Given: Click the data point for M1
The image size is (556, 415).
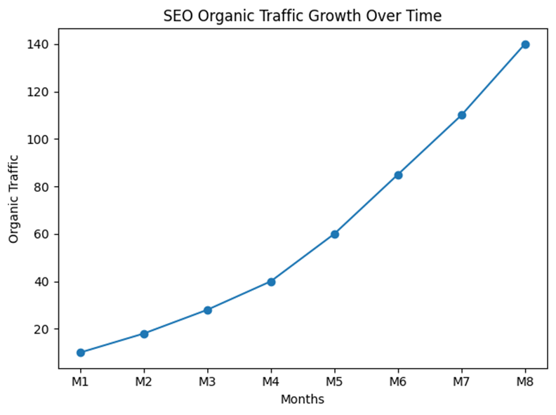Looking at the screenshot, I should pyautogui.click(x=81, y=353).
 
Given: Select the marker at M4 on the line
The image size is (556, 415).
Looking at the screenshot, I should pyautogui.click(x=271, y=282).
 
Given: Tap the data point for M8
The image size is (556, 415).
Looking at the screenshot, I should pyautogui.click(x=525, y=44).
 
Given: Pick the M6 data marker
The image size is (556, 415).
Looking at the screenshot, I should pyautogui.click(x=398, y=175).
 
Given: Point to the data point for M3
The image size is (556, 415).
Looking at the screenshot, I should pyautogui.click(x=208, y=310).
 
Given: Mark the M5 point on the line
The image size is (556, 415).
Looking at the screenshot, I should pyautogui.click(x=335, y=234).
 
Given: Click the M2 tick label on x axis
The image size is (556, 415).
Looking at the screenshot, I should pyautogui.click(x=144, y=383).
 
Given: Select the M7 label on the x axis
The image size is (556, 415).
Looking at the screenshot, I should pyautogui.click(x=462, y=383).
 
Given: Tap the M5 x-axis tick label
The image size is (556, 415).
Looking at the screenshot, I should pyautogui.click(x=335, y=383).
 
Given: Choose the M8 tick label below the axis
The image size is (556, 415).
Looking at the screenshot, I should pyautogui.click(x=525, y=383).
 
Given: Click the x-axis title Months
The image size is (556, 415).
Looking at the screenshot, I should pyautogui.click(x=303, y=400).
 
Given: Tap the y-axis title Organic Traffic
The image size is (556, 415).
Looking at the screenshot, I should pyautogui.click(x=14, y=199).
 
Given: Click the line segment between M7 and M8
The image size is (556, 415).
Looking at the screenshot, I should pyautogui.click(x=494, y=79).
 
